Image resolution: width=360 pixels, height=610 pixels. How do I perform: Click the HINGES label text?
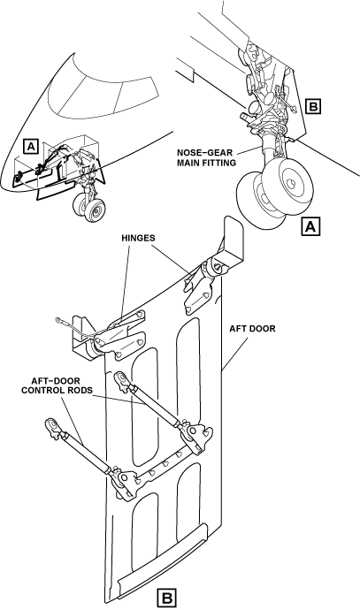[138, 238]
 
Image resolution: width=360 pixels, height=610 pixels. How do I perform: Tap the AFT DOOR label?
[252, 329]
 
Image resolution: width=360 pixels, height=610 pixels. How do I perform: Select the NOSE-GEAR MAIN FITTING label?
[207, 157]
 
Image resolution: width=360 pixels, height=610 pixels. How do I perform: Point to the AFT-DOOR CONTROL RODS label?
[57, 385]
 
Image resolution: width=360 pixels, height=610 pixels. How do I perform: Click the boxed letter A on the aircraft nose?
[31, 146]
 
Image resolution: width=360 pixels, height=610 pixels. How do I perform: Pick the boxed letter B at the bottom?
[166, 598]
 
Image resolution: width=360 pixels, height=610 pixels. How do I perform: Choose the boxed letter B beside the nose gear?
[313, 106]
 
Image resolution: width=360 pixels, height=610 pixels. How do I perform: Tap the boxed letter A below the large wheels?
[310, 226]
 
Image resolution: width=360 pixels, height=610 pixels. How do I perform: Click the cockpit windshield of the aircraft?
[103, 95]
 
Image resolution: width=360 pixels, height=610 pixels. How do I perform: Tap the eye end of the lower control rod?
[52, 425]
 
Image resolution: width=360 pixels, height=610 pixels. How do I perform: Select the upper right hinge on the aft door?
[202, 284]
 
